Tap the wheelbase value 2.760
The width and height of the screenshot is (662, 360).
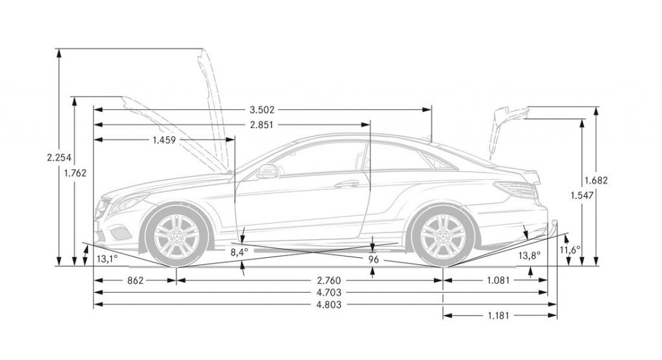(x=329, y=281)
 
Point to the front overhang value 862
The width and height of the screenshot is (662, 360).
(x=135, y=281)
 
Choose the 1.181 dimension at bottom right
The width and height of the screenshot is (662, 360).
(x=498, y=316)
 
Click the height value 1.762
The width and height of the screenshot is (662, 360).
(x=75, y=173)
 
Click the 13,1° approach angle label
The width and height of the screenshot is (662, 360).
(x=107, y=259)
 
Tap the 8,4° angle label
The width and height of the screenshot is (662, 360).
(x=239, y=251)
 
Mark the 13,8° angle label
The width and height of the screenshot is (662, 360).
(x=529, y=256)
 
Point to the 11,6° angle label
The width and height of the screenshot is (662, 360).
(x=570, y=249)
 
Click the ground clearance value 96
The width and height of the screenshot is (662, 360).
(x=373, y=259)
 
